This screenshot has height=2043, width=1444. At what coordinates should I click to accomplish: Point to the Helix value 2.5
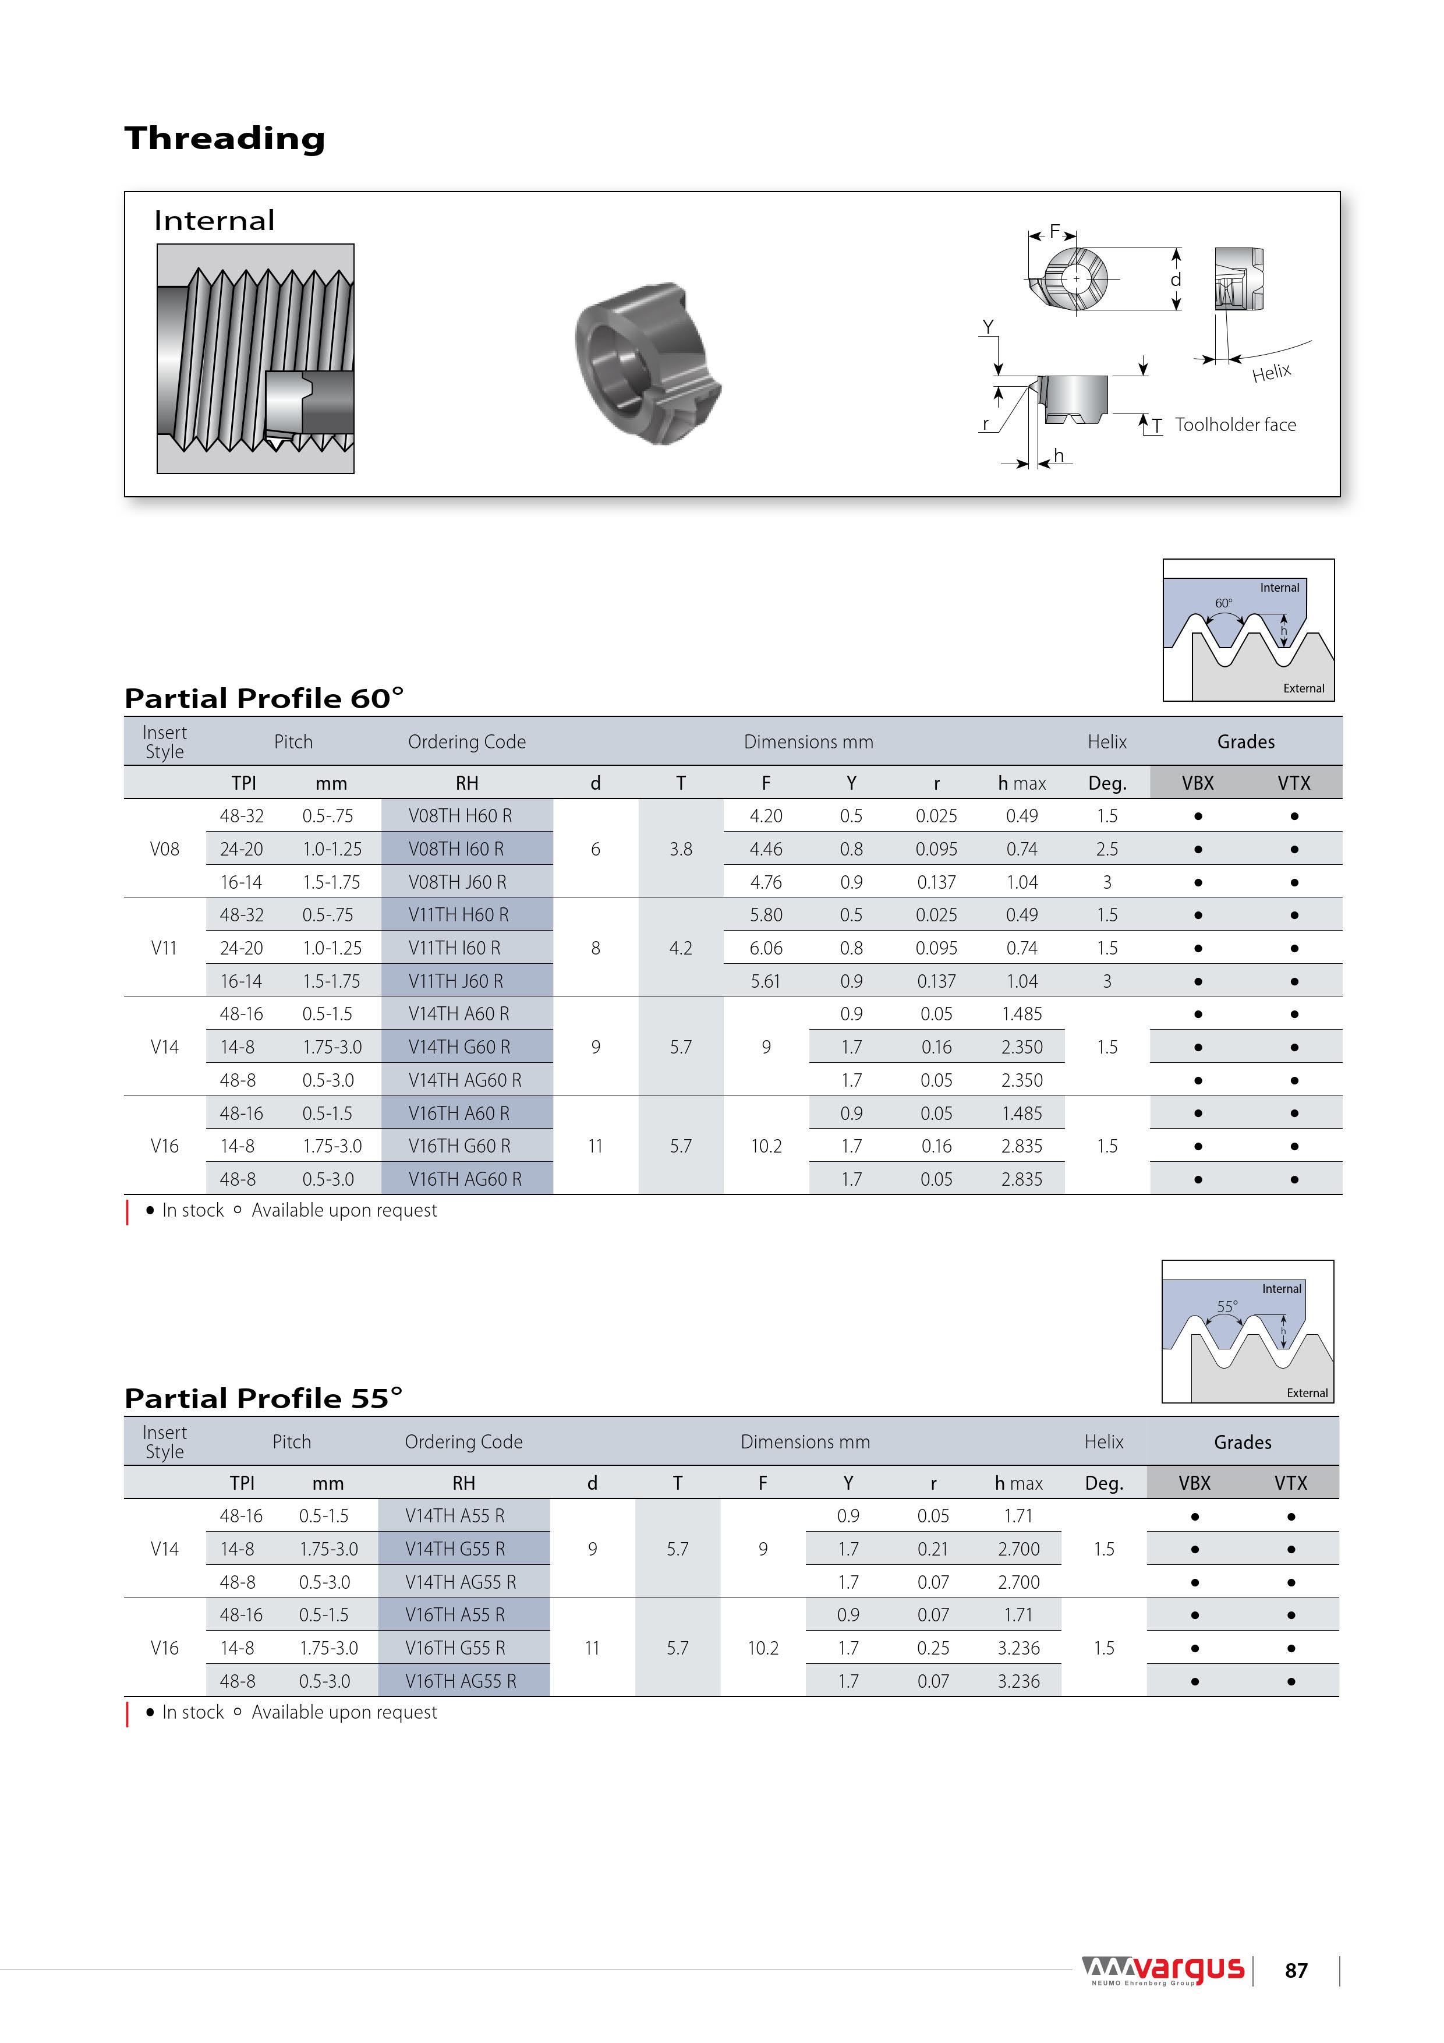pos(1107,849)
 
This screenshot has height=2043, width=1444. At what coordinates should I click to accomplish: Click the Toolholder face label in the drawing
pos(1235,425)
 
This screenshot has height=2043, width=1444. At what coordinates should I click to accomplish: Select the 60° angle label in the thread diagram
pos(1223,603)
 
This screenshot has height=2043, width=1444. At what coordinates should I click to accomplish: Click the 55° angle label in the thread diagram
pos(1227,1306)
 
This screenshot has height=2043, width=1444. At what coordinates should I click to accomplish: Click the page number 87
pos(1296,1971)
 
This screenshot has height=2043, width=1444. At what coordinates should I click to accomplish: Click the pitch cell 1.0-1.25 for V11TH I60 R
pos(332,948)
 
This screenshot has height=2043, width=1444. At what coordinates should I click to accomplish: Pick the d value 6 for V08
pos(595,849)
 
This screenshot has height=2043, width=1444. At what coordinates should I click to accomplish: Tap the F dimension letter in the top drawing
pos(1054,231)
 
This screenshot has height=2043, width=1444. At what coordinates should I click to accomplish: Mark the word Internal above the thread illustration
pos(214,221)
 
